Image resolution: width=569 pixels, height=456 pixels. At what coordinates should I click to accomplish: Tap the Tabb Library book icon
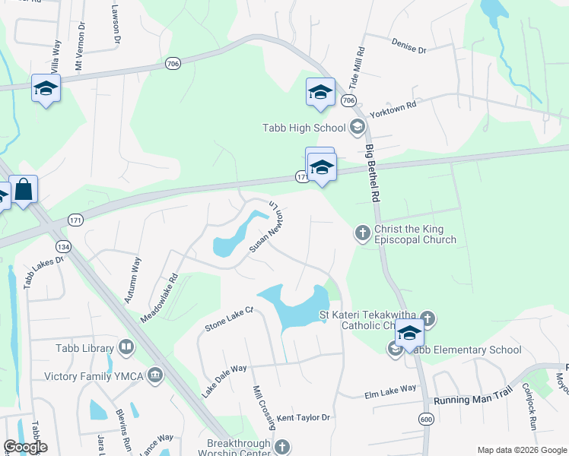(x=126, y=348)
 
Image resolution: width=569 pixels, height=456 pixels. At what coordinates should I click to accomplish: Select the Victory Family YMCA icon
(x=155, y=375)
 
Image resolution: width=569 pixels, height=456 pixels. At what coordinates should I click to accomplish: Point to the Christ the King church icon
(x=363, y=231)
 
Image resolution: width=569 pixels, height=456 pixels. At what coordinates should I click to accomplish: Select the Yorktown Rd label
(x=393, y=109)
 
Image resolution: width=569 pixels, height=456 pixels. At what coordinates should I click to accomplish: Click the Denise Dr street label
(x=409, y=46)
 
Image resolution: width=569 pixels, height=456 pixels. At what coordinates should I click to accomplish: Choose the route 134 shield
(x=62, y=247)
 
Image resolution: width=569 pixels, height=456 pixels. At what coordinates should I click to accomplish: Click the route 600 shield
(x=425, y=419)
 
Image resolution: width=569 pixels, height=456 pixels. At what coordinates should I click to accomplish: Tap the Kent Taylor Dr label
(x=303, y=417)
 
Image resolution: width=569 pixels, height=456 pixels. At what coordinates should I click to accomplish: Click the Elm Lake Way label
(x=390, y=390)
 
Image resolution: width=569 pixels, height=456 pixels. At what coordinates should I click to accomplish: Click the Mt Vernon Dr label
(x=79, y=49)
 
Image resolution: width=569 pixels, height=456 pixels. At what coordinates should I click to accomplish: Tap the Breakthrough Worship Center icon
(x=282, y=447)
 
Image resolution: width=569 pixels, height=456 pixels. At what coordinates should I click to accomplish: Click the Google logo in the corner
(x=25, y=447)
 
